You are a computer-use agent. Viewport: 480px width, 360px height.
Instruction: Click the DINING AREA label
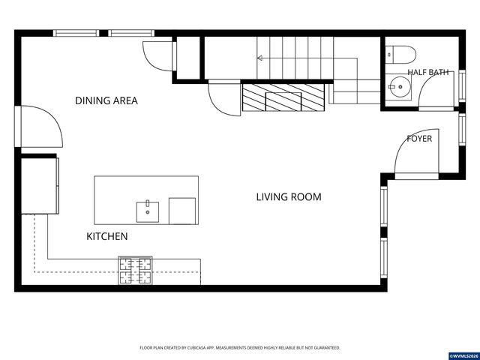[x=106, y=100]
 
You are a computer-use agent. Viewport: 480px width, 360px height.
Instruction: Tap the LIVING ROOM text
[x=289, y=196]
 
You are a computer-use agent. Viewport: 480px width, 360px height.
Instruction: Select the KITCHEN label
[x=106, y=236]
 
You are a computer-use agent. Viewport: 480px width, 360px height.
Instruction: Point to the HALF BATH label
[x=428, y=72]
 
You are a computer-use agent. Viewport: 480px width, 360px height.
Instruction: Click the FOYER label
[x=419, y=139]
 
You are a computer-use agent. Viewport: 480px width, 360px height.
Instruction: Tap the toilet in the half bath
[x=400, y=55]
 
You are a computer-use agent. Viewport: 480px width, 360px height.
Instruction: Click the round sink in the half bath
[x=398, y=87]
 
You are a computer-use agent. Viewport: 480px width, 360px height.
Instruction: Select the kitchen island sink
[x=148, y=211]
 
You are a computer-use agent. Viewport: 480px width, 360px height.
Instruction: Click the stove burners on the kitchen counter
[x=135, y=271]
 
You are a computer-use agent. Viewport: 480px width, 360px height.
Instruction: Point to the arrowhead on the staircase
[x=260, y=58]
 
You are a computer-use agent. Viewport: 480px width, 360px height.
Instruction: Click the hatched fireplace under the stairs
[x=283, y=97]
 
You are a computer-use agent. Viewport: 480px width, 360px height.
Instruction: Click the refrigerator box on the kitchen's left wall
[x=40, y=186]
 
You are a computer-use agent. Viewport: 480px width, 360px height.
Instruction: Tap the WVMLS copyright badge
[x=463, y=355]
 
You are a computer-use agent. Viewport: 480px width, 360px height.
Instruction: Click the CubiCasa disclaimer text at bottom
[x=240, y=348]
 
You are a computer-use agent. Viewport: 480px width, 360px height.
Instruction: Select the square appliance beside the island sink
[x=182, y=211]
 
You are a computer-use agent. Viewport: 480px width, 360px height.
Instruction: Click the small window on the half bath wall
[x=462, y=85]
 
